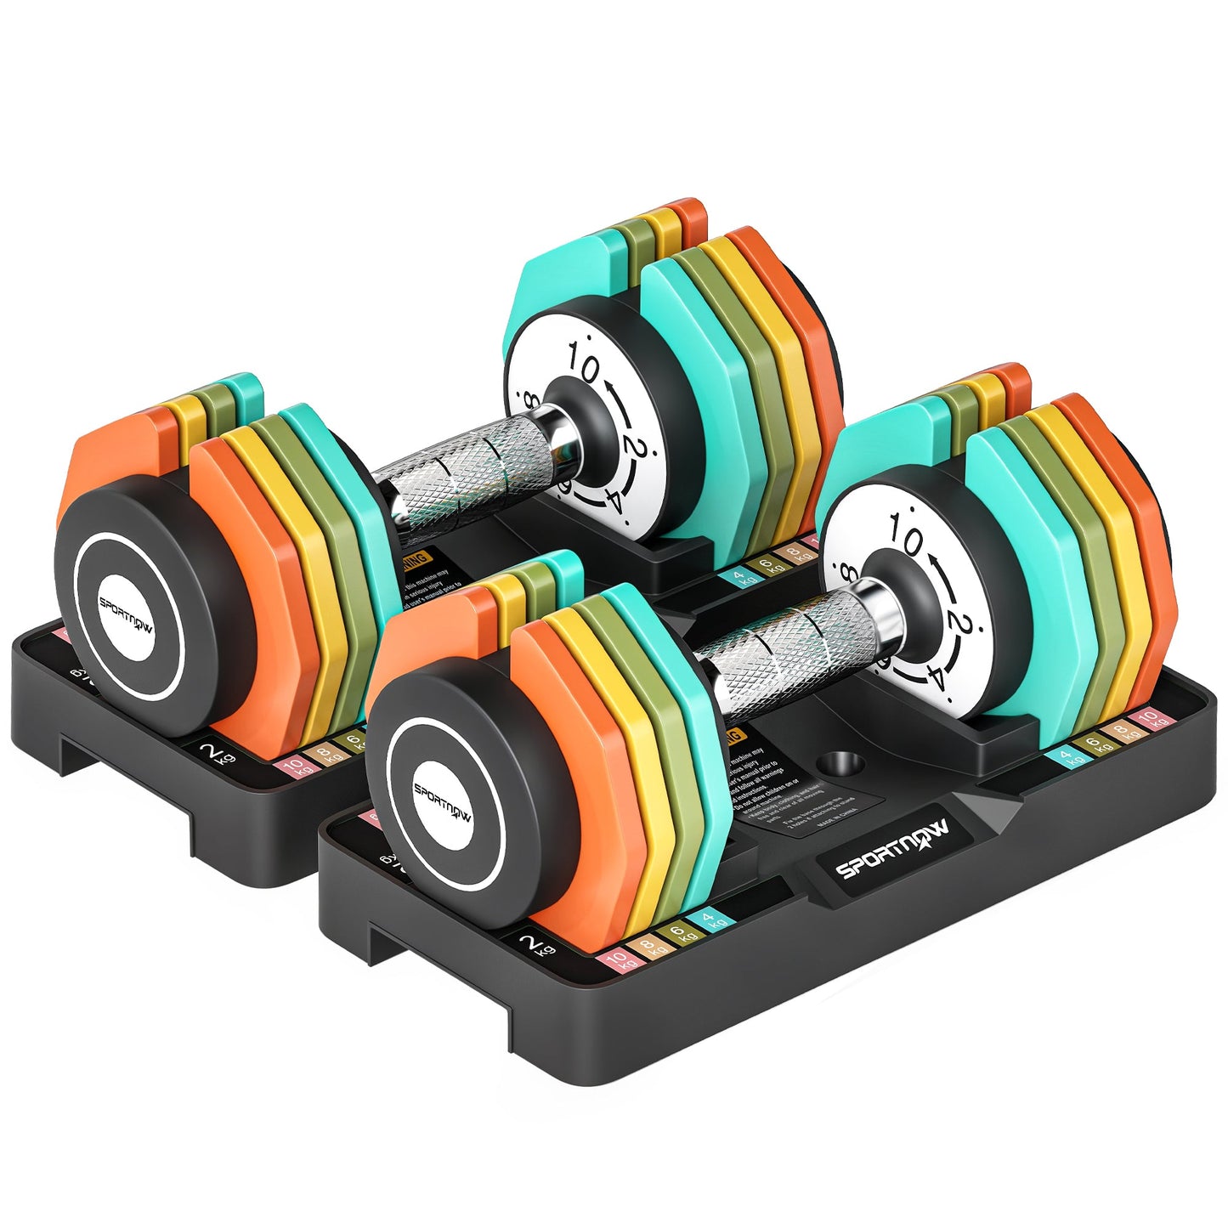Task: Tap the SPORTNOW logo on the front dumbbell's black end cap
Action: click(x=443, y=804)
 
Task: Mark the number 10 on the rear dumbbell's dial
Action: click(x=585, y=366)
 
